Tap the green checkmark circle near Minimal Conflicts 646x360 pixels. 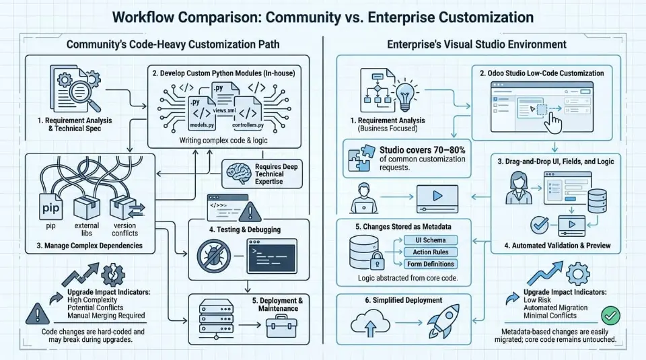[x=610, y=314]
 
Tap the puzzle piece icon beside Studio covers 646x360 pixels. [x=360, y=159]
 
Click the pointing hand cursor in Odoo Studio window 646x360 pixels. [x=554, y=122]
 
